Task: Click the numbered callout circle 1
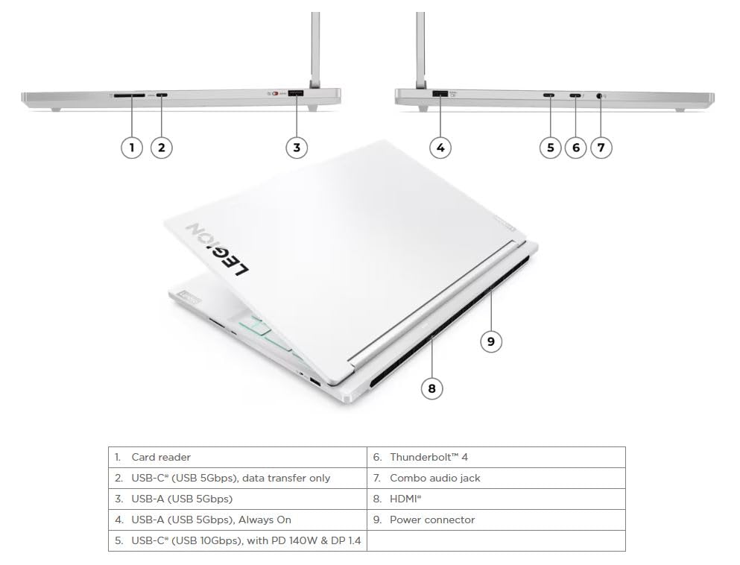[x=132, y=148]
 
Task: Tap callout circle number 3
[x=297, y=148]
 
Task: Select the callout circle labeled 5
[x=550, y=148]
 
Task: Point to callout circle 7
[x=601, y=148]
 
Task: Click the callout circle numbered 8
[x=431, y=388]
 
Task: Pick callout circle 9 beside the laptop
[x=491, y=341]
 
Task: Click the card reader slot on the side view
[x=130, y=95]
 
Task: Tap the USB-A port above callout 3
[x=295, y=93]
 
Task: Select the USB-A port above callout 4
[x=440, y=93]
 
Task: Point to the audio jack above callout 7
[x=599, y=96]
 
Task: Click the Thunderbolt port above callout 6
[x=575, y=95]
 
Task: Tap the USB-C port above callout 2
[x=162, y=95]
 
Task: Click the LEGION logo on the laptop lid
[x=218, y=250]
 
